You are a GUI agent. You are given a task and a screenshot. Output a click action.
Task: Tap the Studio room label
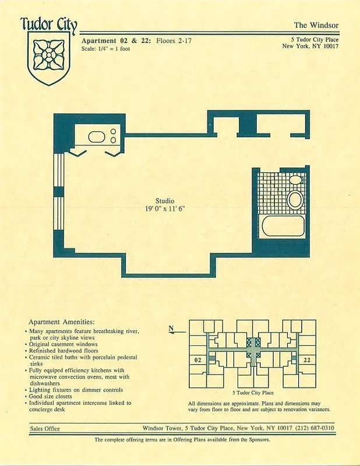point(164,200)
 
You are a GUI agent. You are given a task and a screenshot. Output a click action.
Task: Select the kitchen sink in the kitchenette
point(96,138)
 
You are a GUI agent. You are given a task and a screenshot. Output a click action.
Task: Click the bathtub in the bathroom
point(283,226)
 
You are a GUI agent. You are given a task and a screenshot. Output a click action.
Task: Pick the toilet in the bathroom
point(296,200)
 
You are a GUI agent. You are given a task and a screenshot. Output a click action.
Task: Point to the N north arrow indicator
point(172,329)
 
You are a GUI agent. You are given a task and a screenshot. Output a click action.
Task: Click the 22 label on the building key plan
point(307,361)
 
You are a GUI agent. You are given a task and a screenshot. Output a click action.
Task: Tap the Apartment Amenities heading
point(62,322)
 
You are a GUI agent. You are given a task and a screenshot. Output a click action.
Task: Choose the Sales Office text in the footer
point(45,429)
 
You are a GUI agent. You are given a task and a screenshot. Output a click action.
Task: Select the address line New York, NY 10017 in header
point(310,46)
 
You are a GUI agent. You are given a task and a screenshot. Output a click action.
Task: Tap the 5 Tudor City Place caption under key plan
point(252,393)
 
